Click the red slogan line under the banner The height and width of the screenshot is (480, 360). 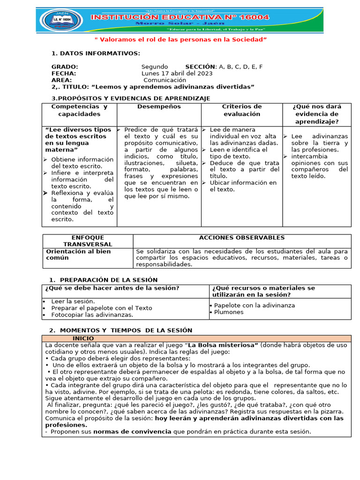click(x=180, y=40)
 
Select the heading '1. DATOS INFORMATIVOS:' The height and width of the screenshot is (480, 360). click(x=96, y=53)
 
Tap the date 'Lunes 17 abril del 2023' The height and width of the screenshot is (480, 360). click(x=177, y=73)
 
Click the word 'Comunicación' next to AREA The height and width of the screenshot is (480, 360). click(x=165, y=80)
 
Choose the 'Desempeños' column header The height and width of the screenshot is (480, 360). click(x=159, y=107)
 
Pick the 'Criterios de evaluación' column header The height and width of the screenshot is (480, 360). click(x=242, y=110)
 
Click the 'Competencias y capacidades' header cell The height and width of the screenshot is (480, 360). click(x=79, y=110)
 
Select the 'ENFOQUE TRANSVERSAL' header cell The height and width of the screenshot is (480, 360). click(x=88, y=241)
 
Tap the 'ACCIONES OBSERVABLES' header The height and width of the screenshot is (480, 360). click(x=242, y=238)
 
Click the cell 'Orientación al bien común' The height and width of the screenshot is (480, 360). click(x=78, y=255)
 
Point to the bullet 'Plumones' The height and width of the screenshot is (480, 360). click(x=229, y=312)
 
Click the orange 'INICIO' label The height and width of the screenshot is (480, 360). click(x=83, y=338)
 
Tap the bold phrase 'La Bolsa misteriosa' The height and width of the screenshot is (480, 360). click(x=223, y=345)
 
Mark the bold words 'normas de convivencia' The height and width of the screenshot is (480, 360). click(x=133, y=432)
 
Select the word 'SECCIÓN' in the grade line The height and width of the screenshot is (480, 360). click(x=200, y=67)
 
